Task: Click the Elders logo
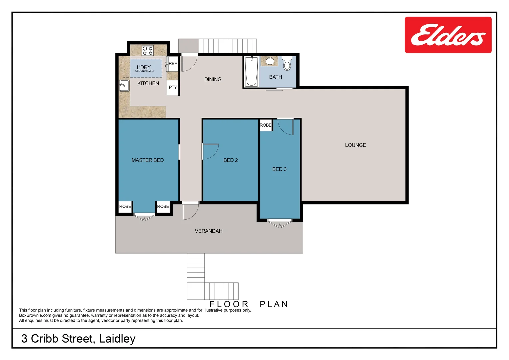[448, 35]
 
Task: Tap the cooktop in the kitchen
[148, 51]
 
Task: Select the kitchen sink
[124, 86]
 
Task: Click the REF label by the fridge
[173, 63]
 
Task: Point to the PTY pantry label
[173, 87]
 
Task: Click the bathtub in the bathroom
[251, 72]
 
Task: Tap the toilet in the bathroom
[287, 64]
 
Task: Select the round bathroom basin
[270, 61]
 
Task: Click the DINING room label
[213, 79]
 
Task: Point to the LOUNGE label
[355, 145]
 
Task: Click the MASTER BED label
[148, 160]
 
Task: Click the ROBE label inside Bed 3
[265, 125]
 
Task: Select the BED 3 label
[279, 169]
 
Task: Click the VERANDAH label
[208, 231]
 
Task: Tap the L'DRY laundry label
[144, 67]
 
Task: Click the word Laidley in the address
[117, 339]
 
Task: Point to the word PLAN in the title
[274, 304]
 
